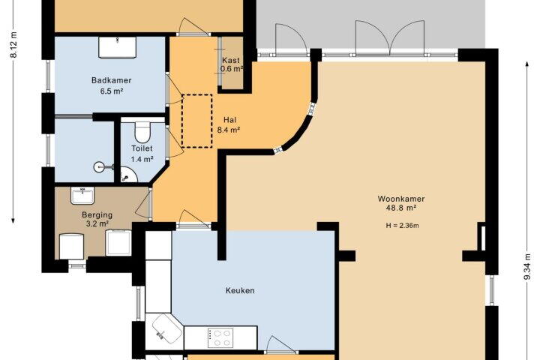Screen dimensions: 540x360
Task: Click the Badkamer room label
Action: (111, 80)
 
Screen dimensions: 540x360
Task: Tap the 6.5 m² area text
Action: (112, 91)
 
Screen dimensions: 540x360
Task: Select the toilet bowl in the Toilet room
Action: (142, 131)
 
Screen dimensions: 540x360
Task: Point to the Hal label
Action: (229, 120)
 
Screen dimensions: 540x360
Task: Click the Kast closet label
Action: (231, 60)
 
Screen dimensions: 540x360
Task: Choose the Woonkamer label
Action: (401, 199)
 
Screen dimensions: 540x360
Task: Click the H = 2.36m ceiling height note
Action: (402, 226)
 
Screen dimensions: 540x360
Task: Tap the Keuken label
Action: (240, 290)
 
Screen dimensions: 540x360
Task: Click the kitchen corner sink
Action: (167, 328)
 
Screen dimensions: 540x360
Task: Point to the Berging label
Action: (97, 214)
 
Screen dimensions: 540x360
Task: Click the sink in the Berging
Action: (82, 195)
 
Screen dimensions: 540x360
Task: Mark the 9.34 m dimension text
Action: (527, 267)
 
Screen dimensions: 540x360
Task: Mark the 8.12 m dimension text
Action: (13, 45)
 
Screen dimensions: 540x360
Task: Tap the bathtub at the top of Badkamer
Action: (118, 47)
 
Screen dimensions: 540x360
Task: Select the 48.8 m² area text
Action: (401, 208)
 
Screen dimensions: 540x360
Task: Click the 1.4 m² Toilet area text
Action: (142, 159)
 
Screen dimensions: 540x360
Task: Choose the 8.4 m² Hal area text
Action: (228, 130)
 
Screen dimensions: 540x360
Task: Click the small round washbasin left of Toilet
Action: (100, 168)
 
